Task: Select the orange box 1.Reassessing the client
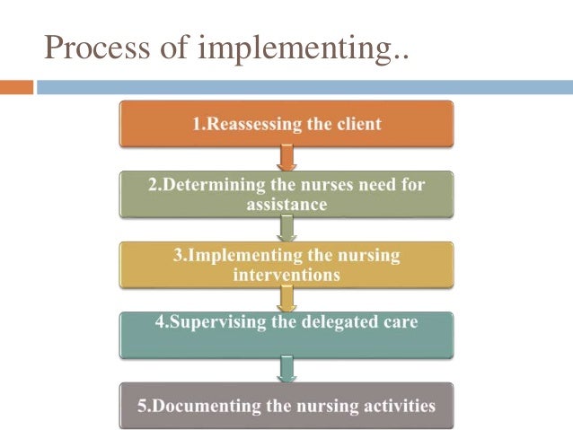(x=287, y=125)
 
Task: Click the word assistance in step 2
(x=286, y=205)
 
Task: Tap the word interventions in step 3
(x=286, y=276)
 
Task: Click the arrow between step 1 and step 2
(x=287, y=159)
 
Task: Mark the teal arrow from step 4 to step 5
(x=287, y=367)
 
